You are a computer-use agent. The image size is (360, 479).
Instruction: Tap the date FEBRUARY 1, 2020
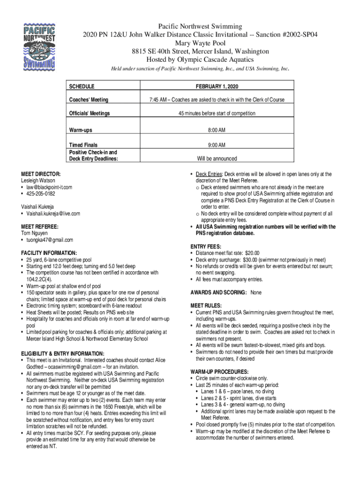(x=216, y=87)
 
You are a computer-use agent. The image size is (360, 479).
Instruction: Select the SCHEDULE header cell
(x=82, y=87)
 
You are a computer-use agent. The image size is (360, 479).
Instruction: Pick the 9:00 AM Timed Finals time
(x=216, y=145)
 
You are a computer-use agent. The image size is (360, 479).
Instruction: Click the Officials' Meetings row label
(x=89, y=114)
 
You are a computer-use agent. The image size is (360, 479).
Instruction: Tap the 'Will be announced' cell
(x=216, y=159)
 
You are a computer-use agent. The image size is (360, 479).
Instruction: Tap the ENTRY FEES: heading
(x=206, y=247)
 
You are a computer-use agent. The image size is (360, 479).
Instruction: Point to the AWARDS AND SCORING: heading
(x=218, y=292)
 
